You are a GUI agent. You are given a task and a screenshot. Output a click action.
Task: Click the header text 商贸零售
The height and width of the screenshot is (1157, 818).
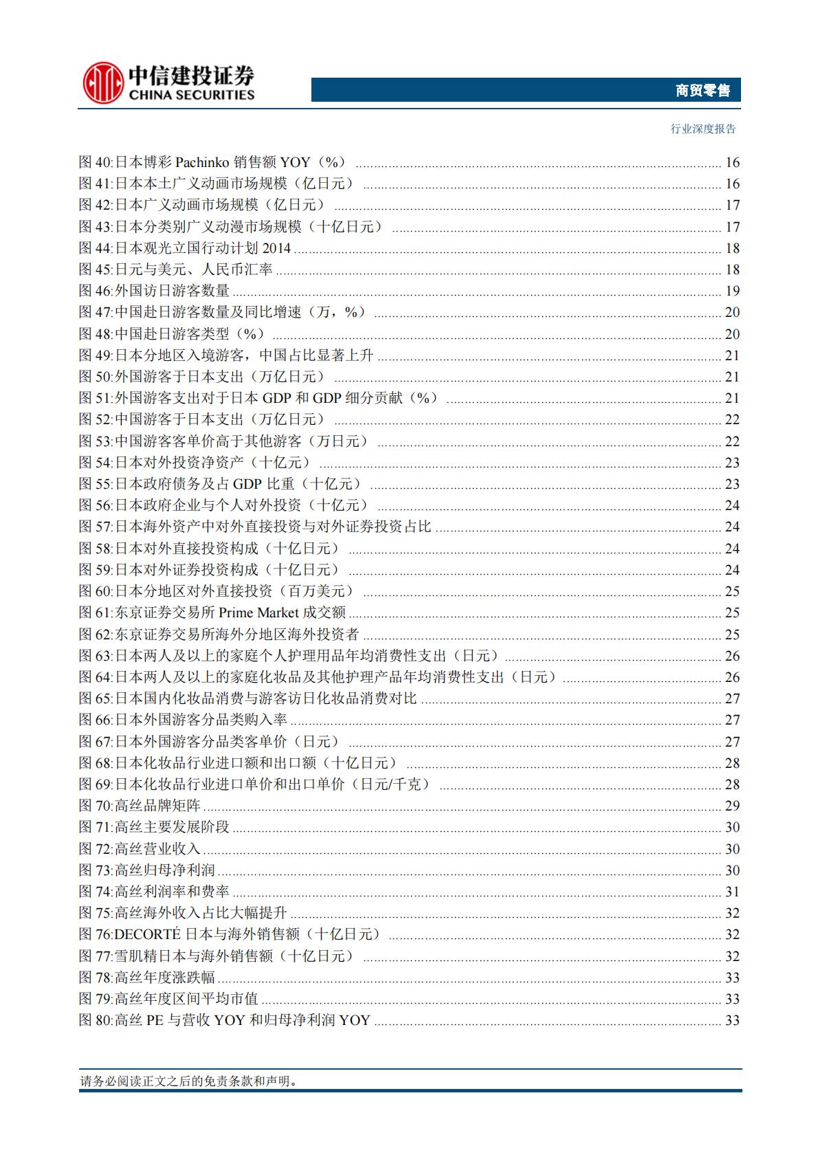702,90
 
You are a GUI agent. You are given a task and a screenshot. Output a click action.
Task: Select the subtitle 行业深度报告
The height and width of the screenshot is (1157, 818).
703,129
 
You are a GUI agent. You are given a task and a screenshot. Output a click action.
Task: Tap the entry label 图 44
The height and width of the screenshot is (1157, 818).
95,248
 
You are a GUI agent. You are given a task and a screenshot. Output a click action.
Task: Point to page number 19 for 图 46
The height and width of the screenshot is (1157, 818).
732,291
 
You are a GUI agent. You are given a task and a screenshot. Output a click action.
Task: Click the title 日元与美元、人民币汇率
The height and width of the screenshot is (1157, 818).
194,269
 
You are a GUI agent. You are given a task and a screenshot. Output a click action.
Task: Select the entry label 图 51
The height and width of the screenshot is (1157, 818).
95,399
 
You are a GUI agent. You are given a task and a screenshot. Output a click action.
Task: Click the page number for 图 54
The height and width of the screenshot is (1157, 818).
732,463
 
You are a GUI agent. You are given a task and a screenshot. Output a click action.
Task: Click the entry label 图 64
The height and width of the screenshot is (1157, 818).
95,677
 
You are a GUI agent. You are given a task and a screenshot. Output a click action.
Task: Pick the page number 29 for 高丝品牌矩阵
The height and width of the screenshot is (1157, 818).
732,806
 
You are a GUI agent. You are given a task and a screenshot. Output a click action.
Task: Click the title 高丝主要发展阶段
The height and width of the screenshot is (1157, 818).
172,828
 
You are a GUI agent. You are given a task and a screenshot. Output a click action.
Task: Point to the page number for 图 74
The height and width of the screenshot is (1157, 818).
732,892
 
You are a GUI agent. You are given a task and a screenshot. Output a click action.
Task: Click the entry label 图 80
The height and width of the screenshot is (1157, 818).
95,1021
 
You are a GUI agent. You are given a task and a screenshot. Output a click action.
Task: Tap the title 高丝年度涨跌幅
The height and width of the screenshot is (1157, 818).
165,978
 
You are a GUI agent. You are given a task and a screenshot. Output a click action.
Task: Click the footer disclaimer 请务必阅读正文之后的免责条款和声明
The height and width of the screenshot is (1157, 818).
189,1081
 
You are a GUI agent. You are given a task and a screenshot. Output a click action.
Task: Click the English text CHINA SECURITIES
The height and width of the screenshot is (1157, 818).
190,95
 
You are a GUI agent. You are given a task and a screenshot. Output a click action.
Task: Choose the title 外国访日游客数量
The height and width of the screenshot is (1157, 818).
172,291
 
